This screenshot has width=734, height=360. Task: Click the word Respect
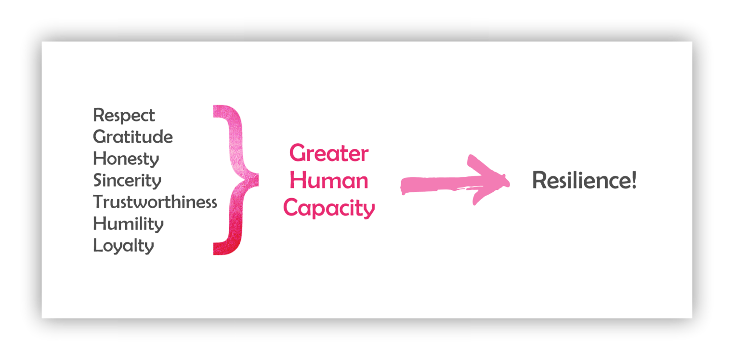pyautogui.click(x=124, y=116)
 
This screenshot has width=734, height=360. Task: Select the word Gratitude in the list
pyautogui.click(x=132, y=137)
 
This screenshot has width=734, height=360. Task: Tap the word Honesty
pyautogui.click(x=126, y=159)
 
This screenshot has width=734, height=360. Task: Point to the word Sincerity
pyautogui.click(x=127, y=181)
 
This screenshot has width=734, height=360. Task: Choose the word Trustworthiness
pyautogui.click(x=155, y=202)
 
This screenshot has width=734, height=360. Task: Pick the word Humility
pyautogui.click(x=128, y=224)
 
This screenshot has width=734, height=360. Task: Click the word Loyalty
pyautogui.click(x=123, y=246)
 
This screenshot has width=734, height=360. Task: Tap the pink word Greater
pyautogui.click(x=328, y=154)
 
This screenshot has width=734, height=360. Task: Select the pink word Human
pyautogui.click(x=329, y=181)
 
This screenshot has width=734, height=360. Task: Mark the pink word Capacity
pyautogui.click(x=328, y=209)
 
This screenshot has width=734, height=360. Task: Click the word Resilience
pyautogui.click(x=579, y=181)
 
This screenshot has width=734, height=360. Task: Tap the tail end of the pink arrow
pyautogui.click(x=405, y=186)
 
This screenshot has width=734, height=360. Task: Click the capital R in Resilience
pyautogui.click(x=538, y=181)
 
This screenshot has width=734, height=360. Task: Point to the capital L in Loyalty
pyautogui.click(x=97, y=245)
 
